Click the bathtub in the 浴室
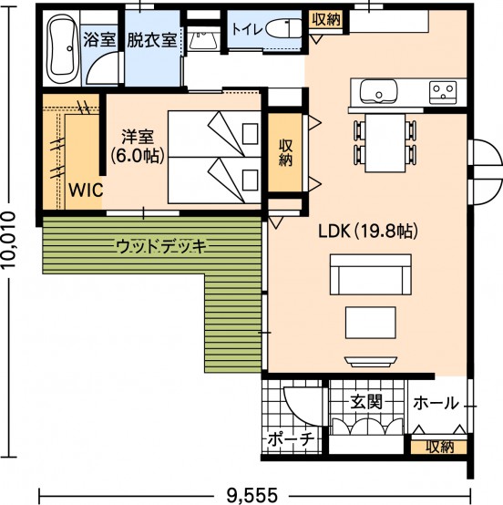pyautogui.click(x=63, y=48)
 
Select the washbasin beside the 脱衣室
pyautogui.click(x=203, y=41)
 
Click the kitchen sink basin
pyautogui.click(x=378, y=91)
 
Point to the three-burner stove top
pyautogui.click(x=443, y=93)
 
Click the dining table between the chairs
pyautogui.click(x=385, y=143)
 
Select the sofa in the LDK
pyautogui.click(x=371, y=274)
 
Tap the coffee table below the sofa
pyautogui.click(x=371, y=323)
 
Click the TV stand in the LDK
pyautogui.click(x=371, y=361)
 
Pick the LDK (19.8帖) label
pyautogui.click(x=368, y=231)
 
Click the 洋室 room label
pyautogui.click(x=138, y=137)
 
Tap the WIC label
pyautogui.click(x=87, y=190)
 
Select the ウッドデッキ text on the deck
pyautogui.click(x=161, y=247)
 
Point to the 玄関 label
pyautogui.click(x=366, y=402)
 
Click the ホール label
pyautogui.click(x=436, y=403)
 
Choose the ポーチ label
pyautogui.click(x=291, y=439)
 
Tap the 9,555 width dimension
pyautogui.click(x=251, y=495)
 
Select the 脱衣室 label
pyautogui.click(x=152, y=40)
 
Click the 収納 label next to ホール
pyautogui.click(x=440, y=447)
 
